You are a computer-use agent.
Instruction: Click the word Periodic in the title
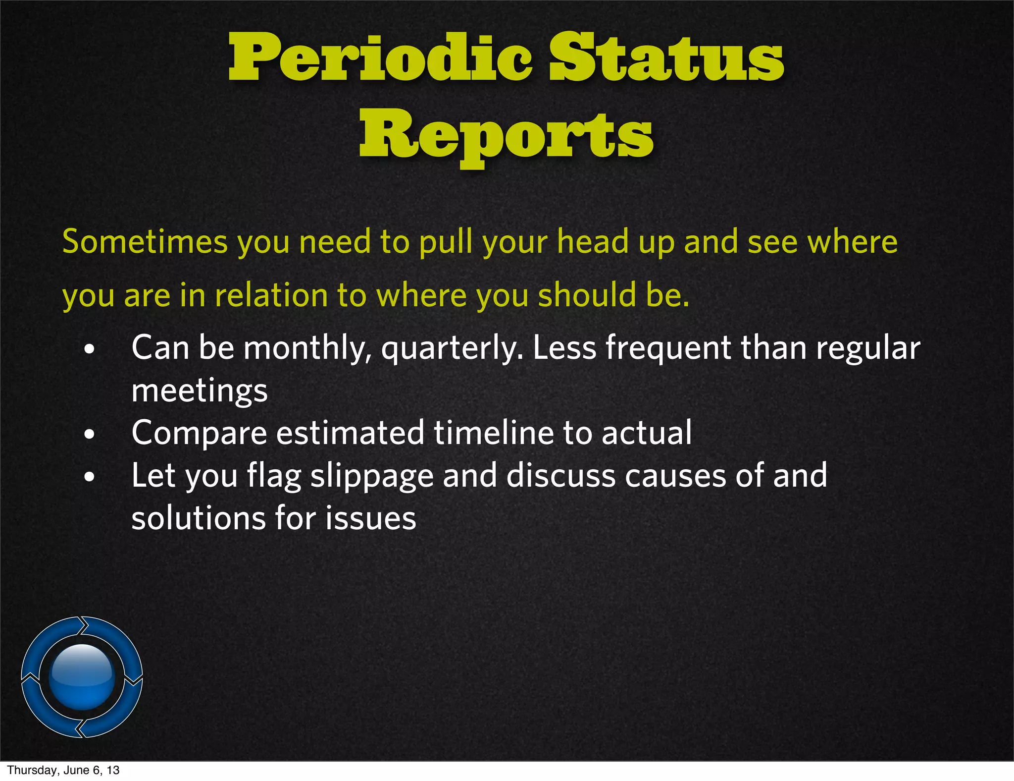click(380, 58)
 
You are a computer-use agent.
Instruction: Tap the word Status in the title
click(666, 58)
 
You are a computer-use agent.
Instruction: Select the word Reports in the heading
click(506, 135)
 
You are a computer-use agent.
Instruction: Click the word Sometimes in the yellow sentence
click(145, 242)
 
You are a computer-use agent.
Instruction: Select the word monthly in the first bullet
click(307, 348)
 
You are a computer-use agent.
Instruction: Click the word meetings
click(200, 391)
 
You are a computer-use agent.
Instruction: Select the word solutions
click(198, 518)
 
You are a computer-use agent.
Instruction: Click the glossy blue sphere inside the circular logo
click(82, 676)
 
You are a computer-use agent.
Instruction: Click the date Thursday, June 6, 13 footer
click(63, 770)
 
